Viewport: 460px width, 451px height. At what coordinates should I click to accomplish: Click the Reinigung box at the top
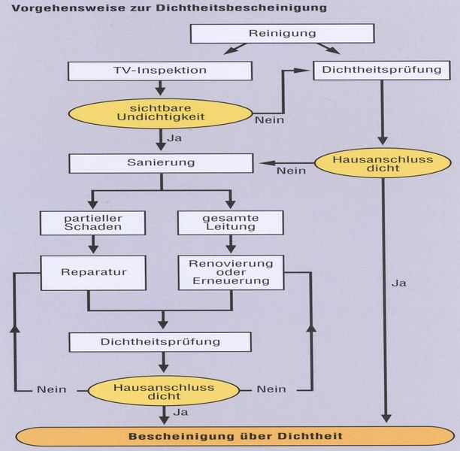[x=281, y=34]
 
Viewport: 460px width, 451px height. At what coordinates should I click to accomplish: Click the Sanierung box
[x=159, y=163]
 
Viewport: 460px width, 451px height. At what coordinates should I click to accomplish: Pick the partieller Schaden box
[x=92, y=222]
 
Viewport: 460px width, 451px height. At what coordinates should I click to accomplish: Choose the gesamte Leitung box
[x=229, y=222]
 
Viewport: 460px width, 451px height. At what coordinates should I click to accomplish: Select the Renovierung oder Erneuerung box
[x=230, y=272]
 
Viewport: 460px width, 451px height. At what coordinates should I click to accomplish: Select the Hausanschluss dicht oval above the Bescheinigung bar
[x=163, y=390]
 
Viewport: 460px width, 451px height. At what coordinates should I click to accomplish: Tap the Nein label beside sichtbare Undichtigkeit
[x=268, y=120]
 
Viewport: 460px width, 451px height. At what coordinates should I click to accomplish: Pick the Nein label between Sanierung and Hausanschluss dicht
[x=290, y=171]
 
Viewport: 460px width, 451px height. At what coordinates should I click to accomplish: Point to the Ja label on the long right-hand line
[x=398, y=284]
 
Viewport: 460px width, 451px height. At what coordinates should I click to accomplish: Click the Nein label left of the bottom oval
[x=51, y=389]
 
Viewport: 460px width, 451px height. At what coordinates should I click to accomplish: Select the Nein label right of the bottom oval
[x=271, y=389]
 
